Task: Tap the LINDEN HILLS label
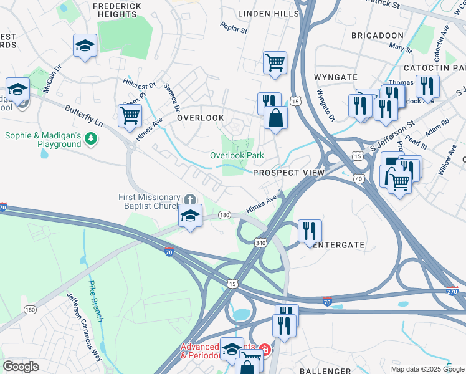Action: coord(269,14)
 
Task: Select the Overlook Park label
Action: coord(237,155)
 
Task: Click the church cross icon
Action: coord(189,199)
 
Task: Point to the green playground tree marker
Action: coord(92,138)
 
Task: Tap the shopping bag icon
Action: coord(275,117)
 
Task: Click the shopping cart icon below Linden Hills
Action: coord(275,62)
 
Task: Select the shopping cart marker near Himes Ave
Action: coord(130,115)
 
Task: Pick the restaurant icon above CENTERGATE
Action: coord(310,230)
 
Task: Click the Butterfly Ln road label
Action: coord(83,116)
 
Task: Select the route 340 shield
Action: coord(260,243)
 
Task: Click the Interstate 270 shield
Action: coord(453,291)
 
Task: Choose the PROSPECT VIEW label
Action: coord(288,172)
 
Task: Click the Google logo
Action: coord(21,366)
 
